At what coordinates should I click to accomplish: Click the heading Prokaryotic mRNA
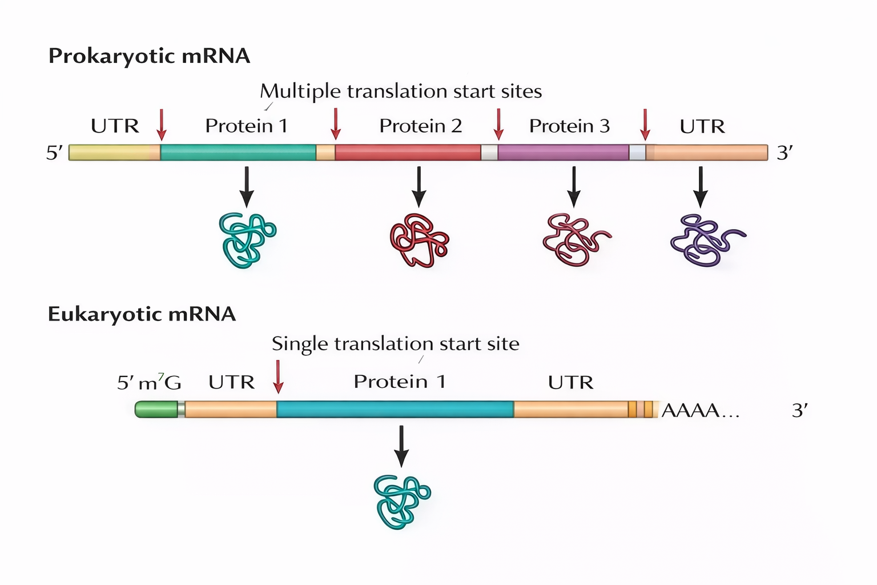click(x=149, y=56)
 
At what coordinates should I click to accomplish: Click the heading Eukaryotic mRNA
click(x=142, y=314)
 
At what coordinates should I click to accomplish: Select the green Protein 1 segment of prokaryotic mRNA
click(x=238, y=153)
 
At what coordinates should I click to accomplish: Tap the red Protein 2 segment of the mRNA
click(x=408, y=153)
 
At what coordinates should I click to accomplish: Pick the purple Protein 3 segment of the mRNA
click(x=563, y=153)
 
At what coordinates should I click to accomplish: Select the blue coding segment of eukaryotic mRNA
click(x=395, y=409)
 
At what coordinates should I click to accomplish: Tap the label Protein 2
click(x=420, y=126)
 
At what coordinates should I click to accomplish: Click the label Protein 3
click(x=569, y=126)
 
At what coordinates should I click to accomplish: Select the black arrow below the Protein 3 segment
click(x=574, y=187)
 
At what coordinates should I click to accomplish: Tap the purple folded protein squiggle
click(x=706, y=240)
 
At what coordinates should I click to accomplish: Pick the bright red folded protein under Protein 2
click(x=419, y=240)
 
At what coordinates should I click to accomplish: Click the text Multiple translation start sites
click(x=401, y=91)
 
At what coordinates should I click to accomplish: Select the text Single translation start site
click(x=395, y=344)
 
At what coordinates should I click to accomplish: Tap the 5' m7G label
click(x=149, y=382)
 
